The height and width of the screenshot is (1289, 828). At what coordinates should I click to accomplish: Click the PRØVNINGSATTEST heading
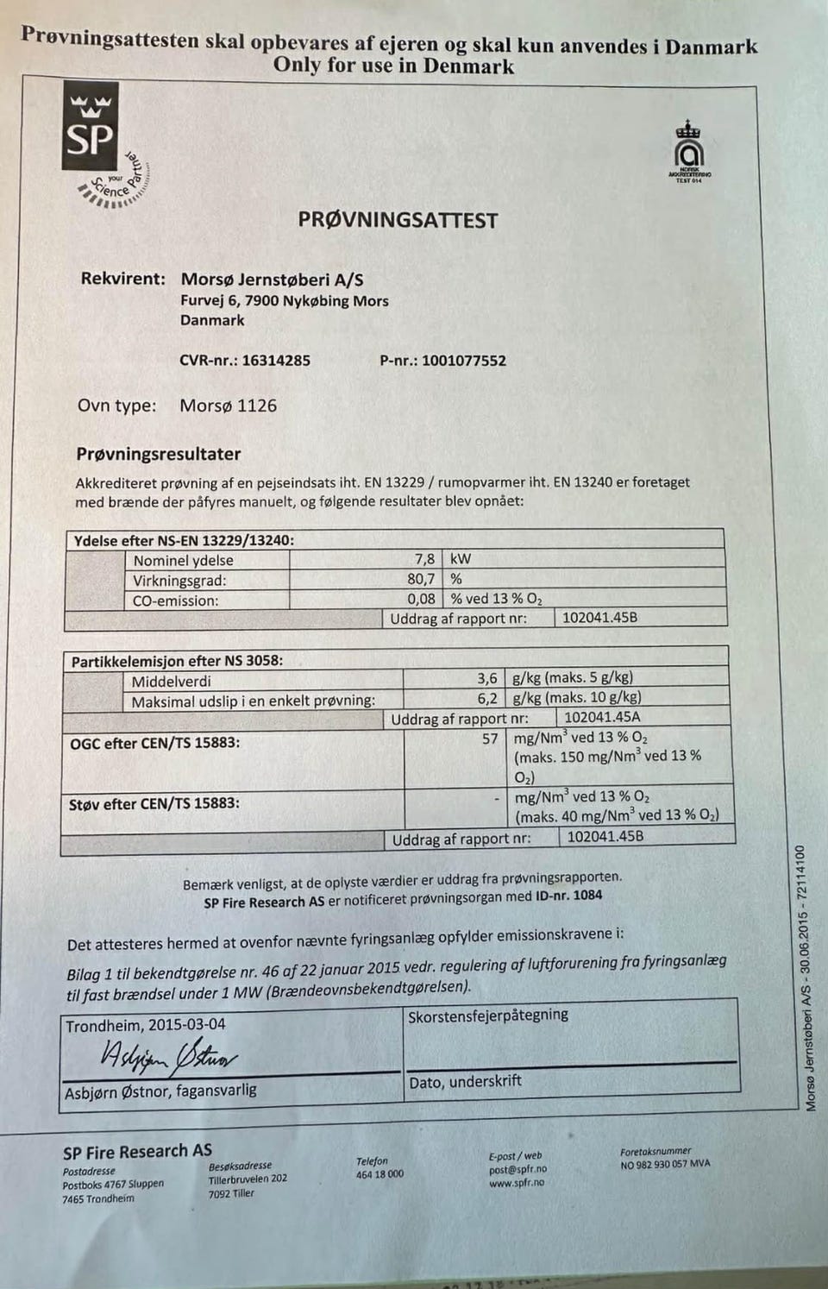(398, 220)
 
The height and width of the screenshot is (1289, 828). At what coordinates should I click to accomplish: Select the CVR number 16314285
(275, 361)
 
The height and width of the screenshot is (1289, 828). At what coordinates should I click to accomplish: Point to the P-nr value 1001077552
(463, 361)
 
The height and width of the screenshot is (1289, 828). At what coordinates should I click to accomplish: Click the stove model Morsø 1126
(228, 406)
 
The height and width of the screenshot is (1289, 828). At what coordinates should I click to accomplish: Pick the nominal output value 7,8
(424, 559)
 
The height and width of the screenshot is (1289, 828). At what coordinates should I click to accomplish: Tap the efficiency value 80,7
(421, 579)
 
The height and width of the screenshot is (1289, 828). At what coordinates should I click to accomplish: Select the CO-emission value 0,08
(421, 599)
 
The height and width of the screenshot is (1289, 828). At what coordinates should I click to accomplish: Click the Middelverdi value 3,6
(486, 679)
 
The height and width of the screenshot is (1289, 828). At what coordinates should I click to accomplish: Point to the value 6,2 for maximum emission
(486, 698)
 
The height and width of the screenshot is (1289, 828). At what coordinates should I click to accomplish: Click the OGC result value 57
(489, 739)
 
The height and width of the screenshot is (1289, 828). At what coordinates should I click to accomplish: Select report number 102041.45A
(601, 717)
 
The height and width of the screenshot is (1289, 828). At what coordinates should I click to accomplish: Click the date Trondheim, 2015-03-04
(146, 1025)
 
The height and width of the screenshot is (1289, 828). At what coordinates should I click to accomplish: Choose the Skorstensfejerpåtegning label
(487, 1015)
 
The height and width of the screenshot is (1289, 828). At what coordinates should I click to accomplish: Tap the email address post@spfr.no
(517, 1169)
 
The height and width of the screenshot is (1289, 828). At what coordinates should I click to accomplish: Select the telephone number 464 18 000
(379, 1174)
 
